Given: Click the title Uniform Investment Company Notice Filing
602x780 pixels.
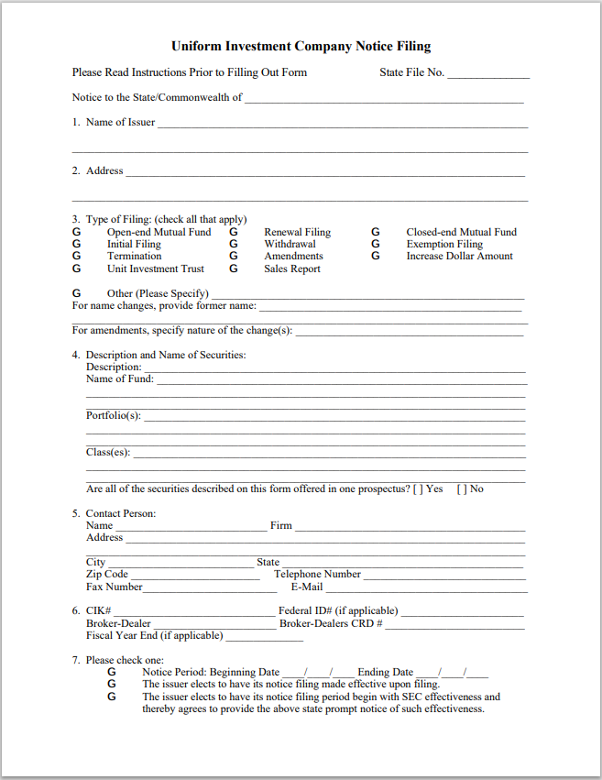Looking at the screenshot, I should pos(301,47).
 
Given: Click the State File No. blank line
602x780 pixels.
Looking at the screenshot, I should pos(488,74).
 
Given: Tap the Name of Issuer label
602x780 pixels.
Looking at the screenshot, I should pos(120,122).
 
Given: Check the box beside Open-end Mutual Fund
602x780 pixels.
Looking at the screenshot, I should pos(76,233).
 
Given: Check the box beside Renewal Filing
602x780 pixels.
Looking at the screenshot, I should pos(234,233).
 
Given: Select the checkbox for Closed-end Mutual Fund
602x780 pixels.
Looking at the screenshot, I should pos(376,233).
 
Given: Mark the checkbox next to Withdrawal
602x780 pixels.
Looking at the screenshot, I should pos(234,245).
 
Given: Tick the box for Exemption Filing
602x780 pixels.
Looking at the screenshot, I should pos(376,245).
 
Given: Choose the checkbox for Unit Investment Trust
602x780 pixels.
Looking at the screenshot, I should pos(76,269).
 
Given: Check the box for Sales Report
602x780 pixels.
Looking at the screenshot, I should pos(234,269).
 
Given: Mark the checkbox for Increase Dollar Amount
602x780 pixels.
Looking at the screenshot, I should pos(376,257).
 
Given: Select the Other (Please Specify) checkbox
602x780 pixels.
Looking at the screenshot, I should pos(76,293).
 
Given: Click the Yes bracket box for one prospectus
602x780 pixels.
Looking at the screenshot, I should pos(418,489).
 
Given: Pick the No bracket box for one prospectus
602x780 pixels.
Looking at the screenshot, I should pos(462,489).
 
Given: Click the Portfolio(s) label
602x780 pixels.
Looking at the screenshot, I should pos(114,415).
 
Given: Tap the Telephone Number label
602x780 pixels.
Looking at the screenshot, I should pos(317,575).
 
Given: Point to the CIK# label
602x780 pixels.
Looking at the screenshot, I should pos(99,611).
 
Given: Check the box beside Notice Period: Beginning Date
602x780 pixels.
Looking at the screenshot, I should pos(112,673).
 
